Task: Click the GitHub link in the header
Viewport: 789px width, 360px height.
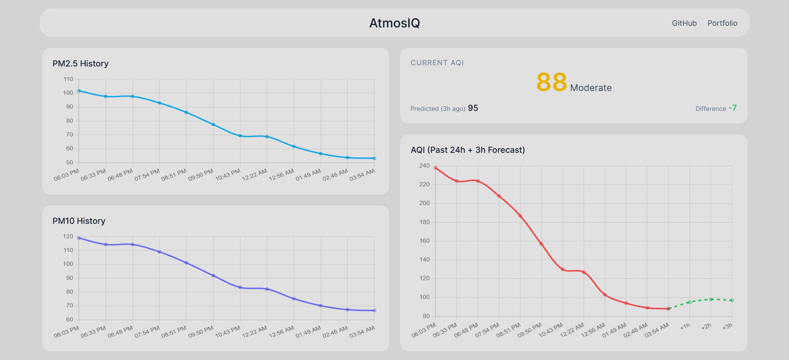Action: pos(684,23)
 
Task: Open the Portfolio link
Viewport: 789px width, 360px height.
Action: pos(722,23)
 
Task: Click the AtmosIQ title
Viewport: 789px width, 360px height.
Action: pos(394,23)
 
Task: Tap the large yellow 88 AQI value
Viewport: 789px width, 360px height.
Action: pos(551,82)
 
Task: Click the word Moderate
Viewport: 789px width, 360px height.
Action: pos(591,88)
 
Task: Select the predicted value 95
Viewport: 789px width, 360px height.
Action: pos(473,108)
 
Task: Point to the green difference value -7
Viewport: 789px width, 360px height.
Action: pos(733,108)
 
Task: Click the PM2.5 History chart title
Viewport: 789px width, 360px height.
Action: pos(80,64)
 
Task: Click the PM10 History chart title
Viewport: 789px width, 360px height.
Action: pos(79,221)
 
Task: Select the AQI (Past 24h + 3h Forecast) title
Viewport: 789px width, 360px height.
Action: pos(468,150)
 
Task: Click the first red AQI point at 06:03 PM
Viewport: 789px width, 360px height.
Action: pos(435,168)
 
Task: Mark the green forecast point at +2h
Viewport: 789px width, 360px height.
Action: pos(711,299)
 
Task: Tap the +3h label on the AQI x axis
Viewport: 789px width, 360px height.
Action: pos(727,326)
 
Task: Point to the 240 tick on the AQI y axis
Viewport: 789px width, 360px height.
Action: pos(424,166)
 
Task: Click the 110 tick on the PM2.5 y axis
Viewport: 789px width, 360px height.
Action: pos(68,79)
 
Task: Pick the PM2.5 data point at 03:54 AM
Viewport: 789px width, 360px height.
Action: pos(374,158)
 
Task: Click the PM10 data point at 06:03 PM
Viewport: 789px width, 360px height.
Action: pos(79,238)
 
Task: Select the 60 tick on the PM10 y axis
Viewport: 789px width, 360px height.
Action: pos(69,319)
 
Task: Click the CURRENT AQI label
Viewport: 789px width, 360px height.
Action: pos(437,63)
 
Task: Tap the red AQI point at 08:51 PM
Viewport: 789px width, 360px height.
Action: pos(520,216)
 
